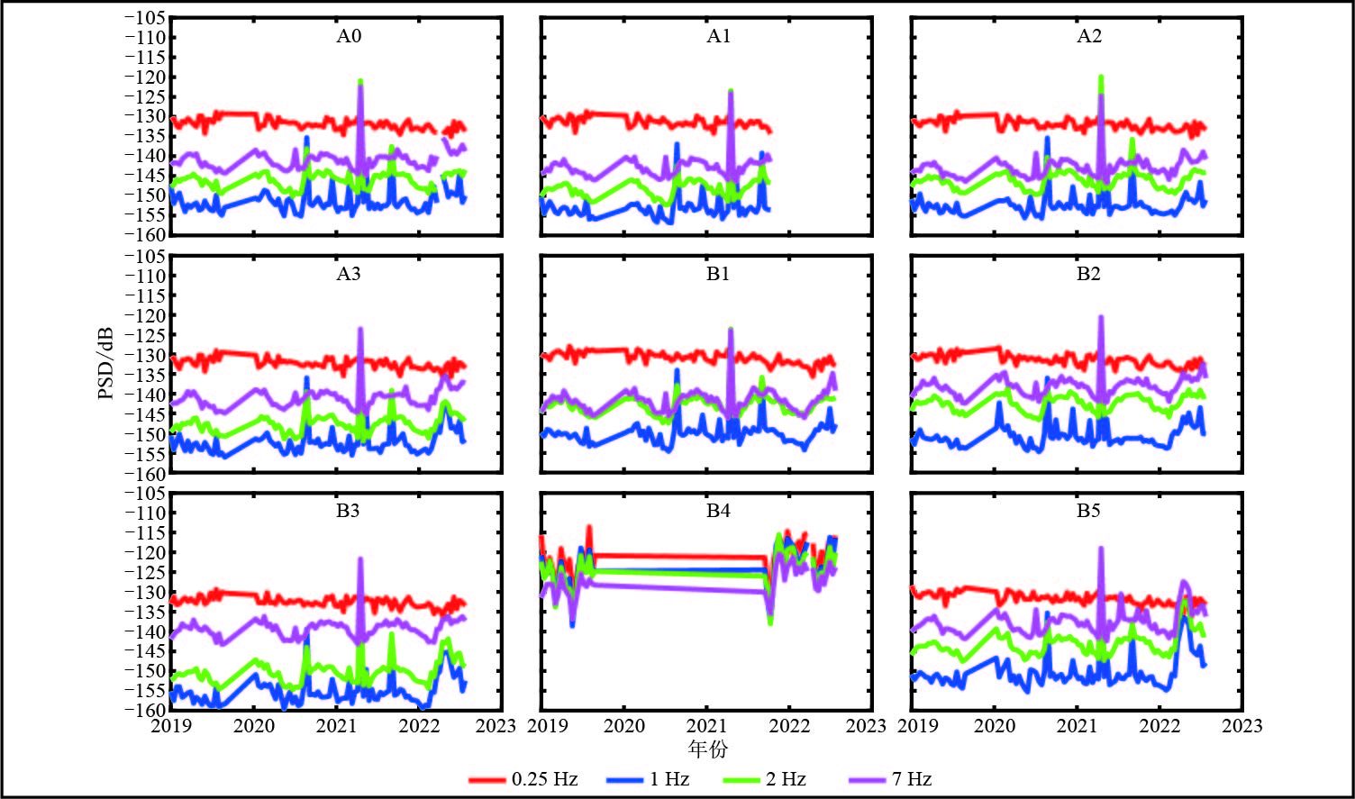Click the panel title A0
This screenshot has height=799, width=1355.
[349, 37]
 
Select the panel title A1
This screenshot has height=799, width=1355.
[718, 37]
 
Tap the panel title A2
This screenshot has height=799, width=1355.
[1088, 37]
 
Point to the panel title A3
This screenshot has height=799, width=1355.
[349, 274]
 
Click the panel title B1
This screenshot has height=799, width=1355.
[718, 274]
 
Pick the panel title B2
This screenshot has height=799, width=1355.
[1088, 274]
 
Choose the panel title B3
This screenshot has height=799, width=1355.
[349, 511]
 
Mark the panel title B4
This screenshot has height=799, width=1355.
[718, 511]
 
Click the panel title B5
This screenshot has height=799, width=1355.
[1088, 511]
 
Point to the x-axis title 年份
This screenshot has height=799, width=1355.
[707, 749]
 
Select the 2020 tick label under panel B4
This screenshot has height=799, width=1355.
[624, 726]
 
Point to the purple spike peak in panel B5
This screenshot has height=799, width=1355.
[1100, 549]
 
